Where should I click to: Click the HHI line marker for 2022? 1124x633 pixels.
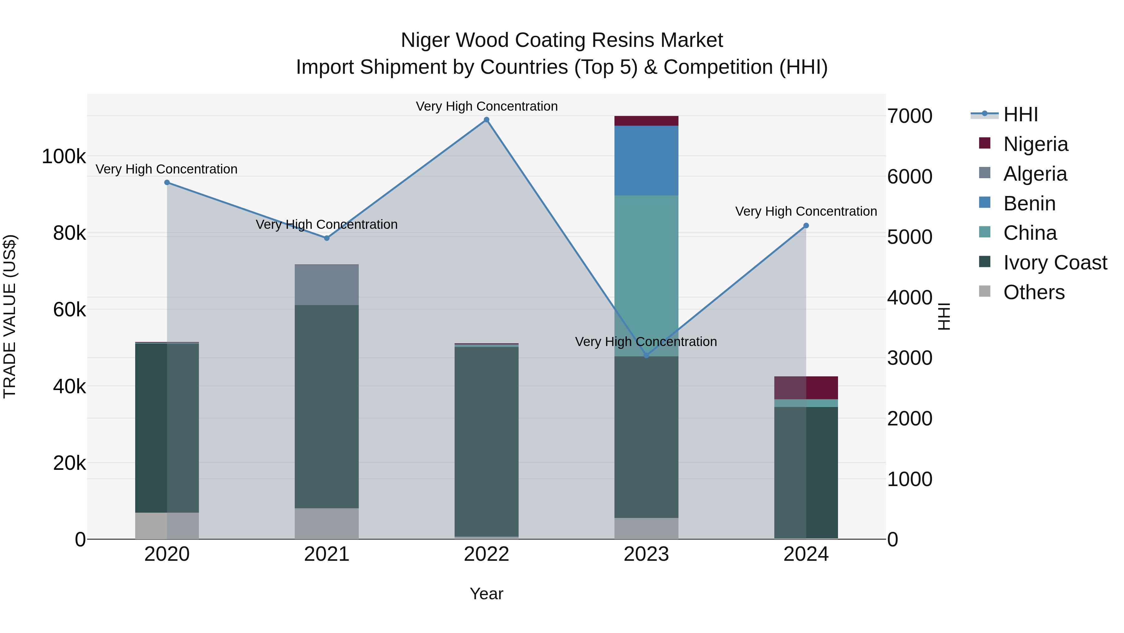[x=486, y=120]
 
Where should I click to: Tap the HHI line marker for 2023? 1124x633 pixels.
[x=646, y=356]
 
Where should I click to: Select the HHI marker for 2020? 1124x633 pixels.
[x=167, y=183]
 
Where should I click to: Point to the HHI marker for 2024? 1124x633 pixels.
[x=806, y=226]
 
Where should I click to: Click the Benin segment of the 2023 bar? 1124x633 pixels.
[x=646, y=160]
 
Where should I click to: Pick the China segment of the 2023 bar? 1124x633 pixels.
[x=646, y=275]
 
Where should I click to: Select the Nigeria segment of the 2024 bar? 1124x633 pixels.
[x=806, y=388]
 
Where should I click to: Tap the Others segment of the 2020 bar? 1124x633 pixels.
[x=167, y=525]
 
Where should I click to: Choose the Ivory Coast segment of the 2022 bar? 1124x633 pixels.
[x=486, y=441]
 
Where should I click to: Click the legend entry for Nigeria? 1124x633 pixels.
[x=1035, y=144]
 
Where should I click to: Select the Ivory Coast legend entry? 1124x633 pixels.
[x=1055, y=263]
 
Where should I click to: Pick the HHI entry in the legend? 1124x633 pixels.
[x=1020, y=114]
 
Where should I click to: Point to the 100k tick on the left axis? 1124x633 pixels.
[x=64, y=156]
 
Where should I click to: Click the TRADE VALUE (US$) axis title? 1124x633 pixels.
[x=10, y=316]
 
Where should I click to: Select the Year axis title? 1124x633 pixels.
[x=486, y=594]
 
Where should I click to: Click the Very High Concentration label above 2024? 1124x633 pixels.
[x=806, y=211]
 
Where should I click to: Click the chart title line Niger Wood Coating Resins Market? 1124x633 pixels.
[x=562, y=40]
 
